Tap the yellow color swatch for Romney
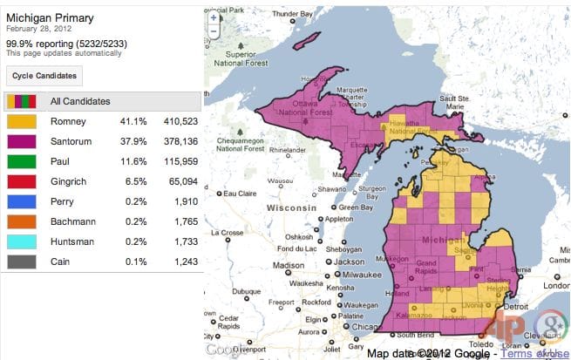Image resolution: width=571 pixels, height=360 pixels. pyautogui.click(x=22, y=121)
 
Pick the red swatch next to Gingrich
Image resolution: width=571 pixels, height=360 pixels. pyautogui.click(x=22, y=181)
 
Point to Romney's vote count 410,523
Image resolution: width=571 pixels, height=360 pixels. pyautogui.click(x=180, y=121)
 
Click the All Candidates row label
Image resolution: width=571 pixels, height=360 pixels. pyautogui.click(x=80, y=101)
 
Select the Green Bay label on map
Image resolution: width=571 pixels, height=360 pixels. pyautogui.click(x=355, y=207)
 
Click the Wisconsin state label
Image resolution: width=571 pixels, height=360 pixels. pyautogui.click(x=292, y=210)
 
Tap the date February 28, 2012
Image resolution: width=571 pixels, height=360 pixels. pyautogui.click(x=41, y=28)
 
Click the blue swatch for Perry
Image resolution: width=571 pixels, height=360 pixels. pyautogui.click(x=22, y=201)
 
